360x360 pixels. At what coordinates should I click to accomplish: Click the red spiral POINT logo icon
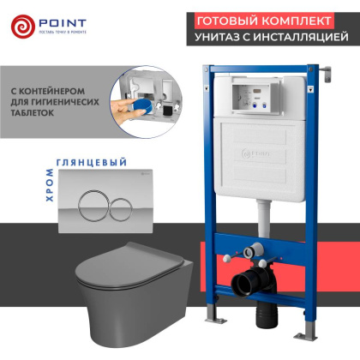(x=23, y=26)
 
